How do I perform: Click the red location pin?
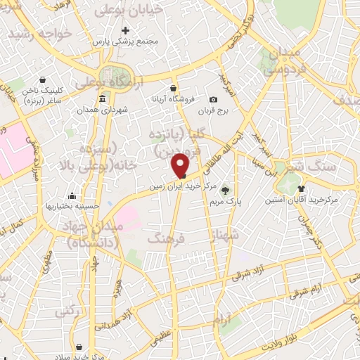pyautogui.click(x=181, y=165)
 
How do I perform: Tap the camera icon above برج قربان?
pyautogui.click(x=214, y=100)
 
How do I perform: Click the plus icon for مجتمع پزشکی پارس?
pyautogui.click(x=126, y=30)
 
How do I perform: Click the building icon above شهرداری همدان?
pyautogui.click(x=103, y=98)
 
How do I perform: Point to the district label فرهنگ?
pyautogui.click(x=166, y=239)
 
